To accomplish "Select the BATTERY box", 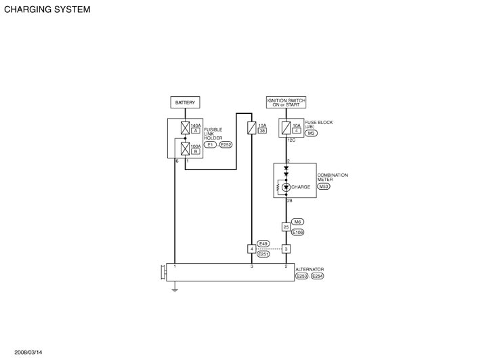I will pyautogui.click(x=185, y=102).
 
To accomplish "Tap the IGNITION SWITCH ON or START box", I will pyautogui.click(x=286, y=102).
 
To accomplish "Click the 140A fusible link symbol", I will pyautogui.click(x=185, y=126).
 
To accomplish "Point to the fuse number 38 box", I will pyautogui.click(x=263, y=130).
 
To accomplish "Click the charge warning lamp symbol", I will pyautogui.click(x=286, y=187).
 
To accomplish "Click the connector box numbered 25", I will pyautogui.click(x=286, y=227).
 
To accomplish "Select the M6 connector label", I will pyautogui.click(x=297, y=222).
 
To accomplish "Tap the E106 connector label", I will pyautogui.click(x=297, y=232).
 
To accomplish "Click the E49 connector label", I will pyautogui.click(x=263, y=243).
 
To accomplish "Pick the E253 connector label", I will pyautogui.click(x=301, y=277).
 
